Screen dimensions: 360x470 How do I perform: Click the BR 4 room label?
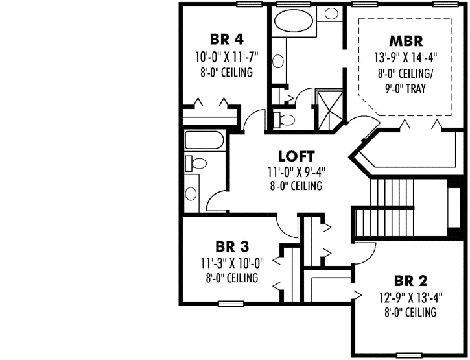point(226,37)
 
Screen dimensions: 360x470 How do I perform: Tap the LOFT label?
point(296,156)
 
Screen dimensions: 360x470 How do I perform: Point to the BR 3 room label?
point(231,246)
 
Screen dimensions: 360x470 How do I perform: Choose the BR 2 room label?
point(410,281)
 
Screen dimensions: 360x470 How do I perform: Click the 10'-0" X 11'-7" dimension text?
point(226,56)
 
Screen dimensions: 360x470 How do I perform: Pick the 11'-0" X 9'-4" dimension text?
point(296,172)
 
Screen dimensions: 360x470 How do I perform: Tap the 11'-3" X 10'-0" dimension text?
point(231,263)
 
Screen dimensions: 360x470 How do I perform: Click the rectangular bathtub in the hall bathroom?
point(204,140)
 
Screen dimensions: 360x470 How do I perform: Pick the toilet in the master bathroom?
point(284,119)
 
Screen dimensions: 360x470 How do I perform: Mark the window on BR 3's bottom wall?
point(230,303)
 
